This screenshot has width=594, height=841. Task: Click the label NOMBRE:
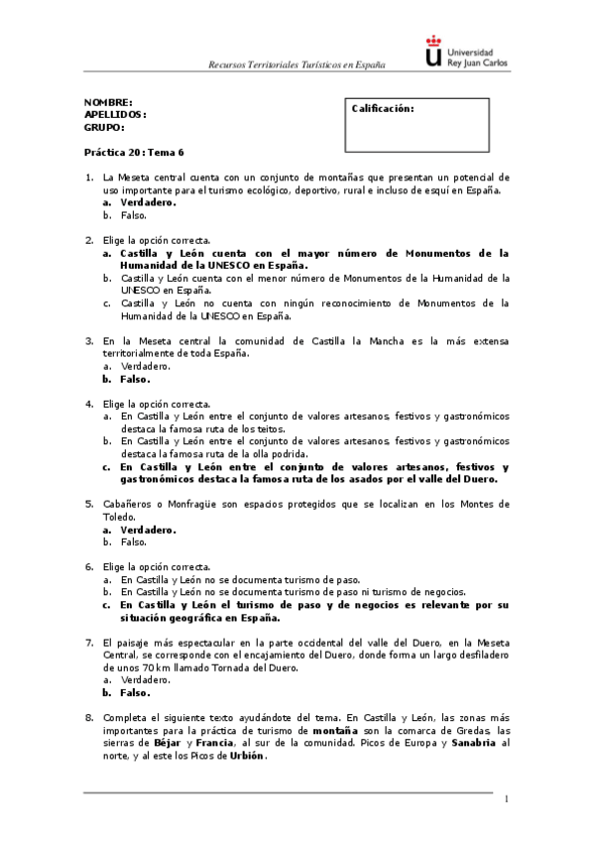[108, 103]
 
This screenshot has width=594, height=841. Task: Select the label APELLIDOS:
[115, 115]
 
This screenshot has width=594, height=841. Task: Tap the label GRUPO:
[104, 127]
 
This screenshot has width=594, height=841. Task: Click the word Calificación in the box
[383, 109]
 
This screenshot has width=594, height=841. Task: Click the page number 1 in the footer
[506, 798]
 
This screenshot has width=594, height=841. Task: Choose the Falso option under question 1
[134, 214]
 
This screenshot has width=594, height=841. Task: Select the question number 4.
[89, 404]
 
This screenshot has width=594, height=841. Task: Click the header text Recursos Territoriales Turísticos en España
[296, 64]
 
